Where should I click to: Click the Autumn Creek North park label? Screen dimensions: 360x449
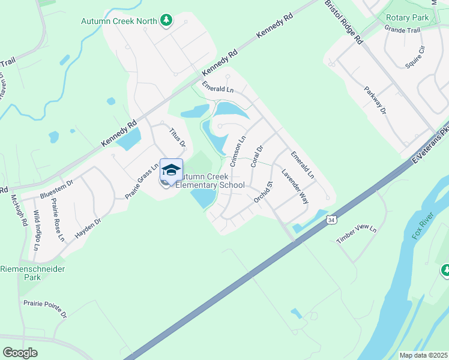tap(119, 21)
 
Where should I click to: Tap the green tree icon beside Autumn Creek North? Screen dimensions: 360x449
tap(166, 21)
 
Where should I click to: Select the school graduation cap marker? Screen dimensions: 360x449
tap(171, 170)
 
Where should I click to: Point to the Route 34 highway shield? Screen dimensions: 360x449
tap(331, 221)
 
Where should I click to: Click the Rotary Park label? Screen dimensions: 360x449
tap(408, 17)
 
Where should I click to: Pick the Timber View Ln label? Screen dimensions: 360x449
tap(356, 233)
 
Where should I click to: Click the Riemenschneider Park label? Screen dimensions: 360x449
tap(29, 273)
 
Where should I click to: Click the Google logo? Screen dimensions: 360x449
tap(20, 352)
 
